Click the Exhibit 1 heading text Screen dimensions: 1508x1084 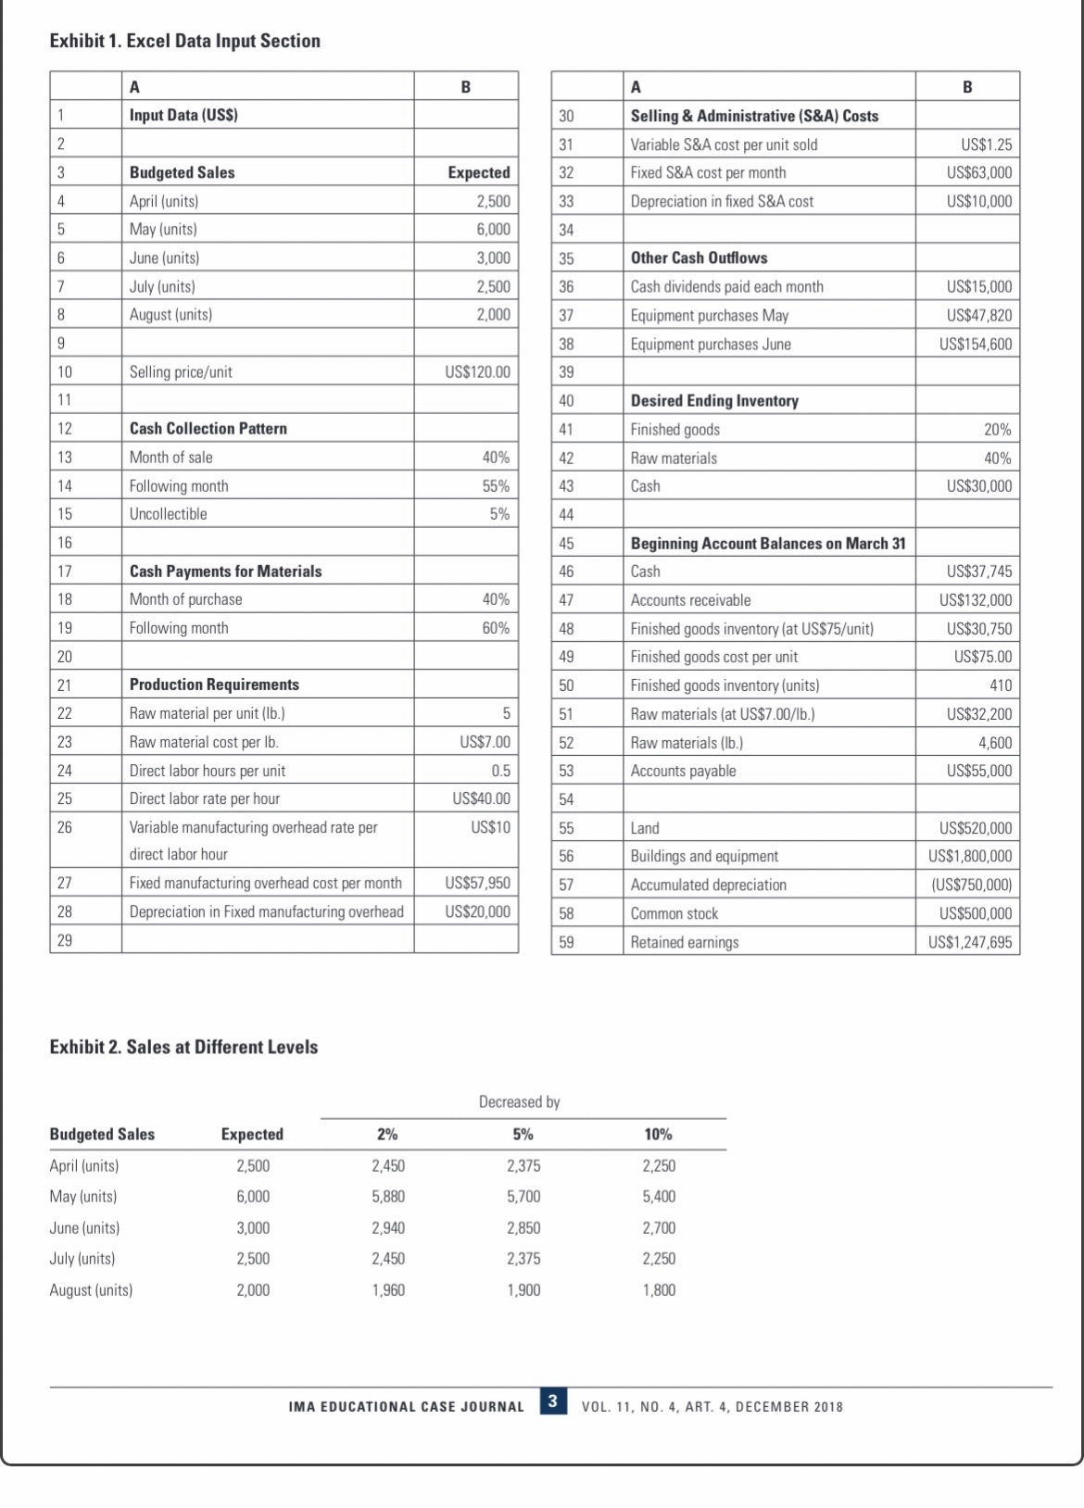(184, 41)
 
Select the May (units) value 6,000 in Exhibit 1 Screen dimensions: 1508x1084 (493, 229)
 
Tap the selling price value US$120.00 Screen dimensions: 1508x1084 (477, 371)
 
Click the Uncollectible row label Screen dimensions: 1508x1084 (168, 514)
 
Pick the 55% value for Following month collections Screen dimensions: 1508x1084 (496, 485)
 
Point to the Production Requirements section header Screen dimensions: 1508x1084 (214, 685)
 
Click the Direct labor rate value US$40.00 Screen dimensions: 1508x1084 (481, 798)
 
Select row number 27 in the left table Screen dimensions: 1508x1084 (65, 883)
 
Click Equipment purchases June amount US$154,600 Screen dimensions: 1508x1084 (975, 344)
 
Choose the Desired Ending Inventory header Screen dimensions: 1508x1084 (714, 400)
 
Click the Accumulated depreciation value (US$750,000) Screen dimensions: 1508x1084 (971, 885)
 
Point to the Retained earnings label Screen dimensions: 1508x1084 (685, 942)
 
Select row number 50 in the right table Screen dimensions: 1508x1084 (566, 685)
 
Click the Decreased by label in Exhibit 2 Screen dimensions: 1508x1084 (519, 1101)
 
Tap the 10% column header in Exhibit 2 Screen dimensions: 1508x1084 (658, 1134)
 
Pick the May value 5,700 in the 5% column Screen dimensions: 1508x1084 (523, 1196)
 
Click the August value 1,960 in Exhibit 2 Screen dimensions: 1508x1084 (388, 1289)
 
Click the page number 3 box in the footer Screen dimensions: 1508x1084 (552, 1401)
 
